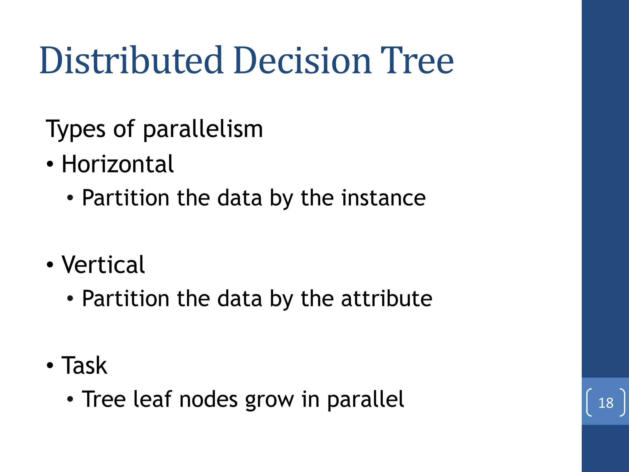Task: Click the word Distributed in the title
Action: point(131,61)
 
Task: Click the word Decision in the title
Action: point(303,61)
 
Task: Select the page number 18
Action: point(606,403)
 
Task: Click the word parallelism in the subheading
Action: point(203,129)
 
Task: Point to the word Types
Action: point(76,129)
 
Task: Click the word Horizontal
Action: point(118,164)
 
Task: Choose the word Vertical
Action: point(103,265)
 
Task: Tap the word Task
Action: point(84,365)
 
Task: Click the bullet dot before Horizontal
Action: point(50,164)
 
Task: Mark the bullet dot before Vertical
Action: point(50,265)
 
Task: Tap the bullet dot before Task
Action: point(50,365)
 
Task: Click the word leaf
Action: point(152,399)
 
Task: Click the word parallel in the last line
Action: point(365,399)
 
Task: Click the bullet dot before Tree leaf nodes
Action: point(70,399)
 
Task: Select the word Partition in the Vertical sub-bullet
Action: point(126,298)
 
